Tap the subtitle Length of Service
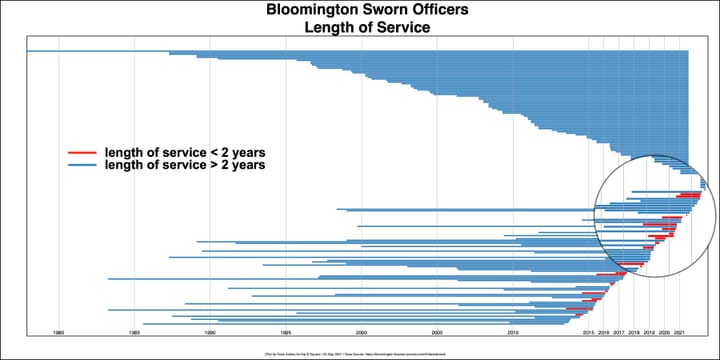click(360, 28)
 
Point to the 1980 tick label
click(59, 331)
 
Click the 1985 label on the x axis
click(134, 331)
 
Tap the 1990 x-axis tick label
click(210, 331)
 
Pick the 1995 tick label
click(286, 331)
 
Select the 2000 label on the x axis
click(361, 331)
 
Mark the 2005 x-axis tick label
click(437, 331)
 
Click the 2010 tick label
click(513, 331)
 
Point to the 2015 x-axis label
click(589, 331)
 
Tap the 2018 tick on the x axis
click(634, 331)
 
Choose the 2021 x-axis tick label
click(680, 331)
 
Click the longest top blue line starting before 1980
click(100, 50)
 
